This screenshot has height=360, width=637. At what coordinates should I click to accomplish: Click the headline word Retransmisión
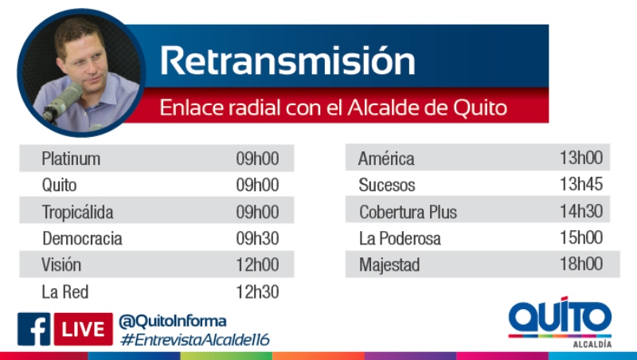pyautogui.click(x=287, y=61)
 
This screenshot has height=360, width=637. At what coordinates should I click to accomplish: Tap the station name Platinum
pyautogui.click(x=71, y=158)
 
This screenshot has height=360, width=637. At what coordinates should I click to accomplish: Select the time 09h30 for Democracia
pyautogui.click(x=257, y=238)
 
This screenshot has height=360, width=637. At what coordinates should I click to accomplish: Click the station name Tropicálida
pyautogui.click(x=77, y=212)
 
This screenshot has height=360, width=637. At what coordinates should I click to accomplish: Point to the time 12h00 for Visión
pyautogui.click(x=257, y=265)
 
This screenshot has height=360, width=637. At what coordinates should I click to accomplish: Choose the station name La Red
pyautogui.click(x=65, y=292)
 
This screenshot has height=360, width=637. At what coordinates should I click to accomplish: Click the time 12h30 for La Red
pyautogui.click(x=257, y=292)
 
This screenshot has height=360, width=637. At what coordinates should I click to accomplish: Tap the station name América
pyautogui.click(x=386, y=158)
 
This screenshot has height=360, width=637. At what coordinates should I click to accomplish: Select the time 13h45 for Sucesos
pyautogui.click(x=581, y=184)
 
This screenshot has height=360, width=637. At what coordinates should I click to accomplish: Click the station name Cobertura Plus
pyautogui.click(x=408, y=212)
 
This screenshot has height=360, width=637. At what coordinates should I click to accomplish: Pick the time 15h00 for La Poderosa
pyautogui.click(x=581, y=237)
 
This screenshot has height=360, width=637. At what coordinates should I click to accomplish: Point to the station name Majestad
pyautogui.click(x=389, y=265)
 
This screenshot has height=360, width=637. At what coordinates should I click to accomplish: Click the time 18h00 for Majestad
pyautogui.click(x=581, y=264)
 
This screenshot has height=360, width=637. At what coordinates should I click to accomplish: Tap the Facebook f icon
pyautogui.click(x=33, y=329)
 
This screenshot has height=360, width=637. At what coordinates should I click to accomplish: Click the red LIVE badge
pyautogui.click(x=84, y=329)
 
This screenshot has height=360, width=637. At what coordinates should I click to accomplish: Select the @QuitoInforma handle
pyautogui.click(x=173, y=322)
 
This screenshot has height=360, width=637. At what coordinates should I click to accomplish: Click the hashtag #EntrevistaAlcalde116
pyautogui.click(x=195, y=339)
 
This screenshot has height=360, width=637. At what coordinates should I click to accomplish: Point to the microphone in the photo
pyautogui.click(x=62, y=103)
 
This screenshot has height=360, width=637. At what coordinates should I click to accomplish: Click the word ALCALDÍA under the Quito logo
pyautogui.click(x=592, y=344)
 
